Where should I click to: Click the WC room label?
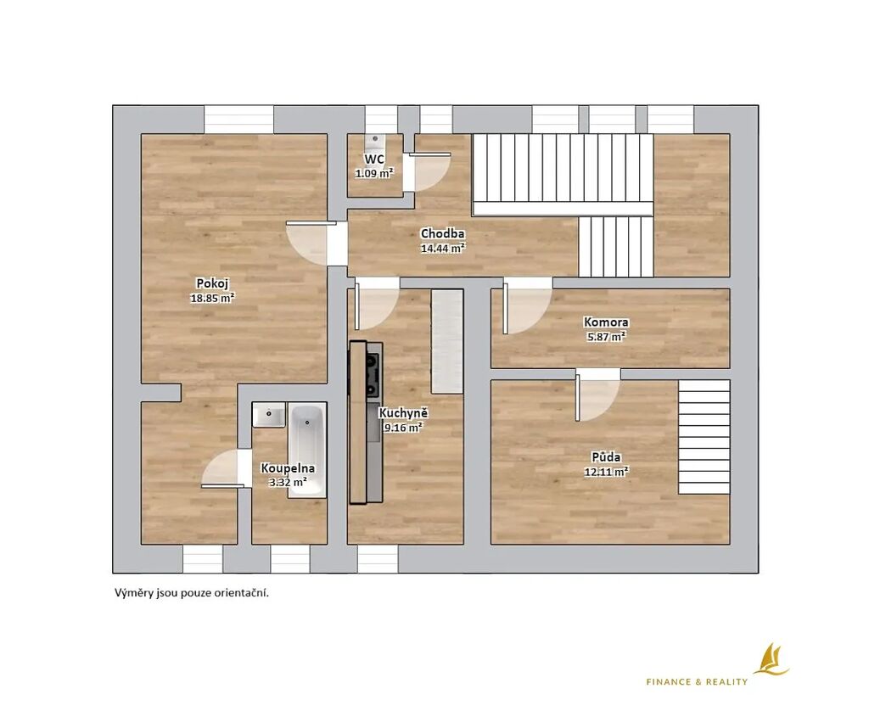[374, 160]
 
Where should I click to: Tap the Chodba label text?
[442, 234]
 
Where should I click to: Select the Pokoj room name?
[212, 283]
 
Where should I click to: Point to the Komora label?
[606, 322]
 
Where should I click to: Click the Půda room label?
[606, 457]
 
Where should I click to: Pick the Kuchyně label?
[403, 413]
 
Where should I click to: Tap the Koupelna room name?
[288, 468]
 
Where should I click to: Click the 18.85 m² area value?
[212, 298]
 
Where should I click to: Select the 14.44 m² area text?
[442, 249]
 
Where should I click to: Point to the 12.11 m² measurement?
[606, 472]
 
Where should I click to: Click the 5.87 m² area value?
[606, 336]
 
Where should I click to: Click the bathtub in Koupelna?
[306, 451]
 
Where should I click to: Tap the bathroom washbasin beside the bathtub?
[269, 415]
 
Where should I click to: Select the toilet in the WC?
[375, 143]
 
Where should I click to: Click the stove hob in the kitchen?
[373, 376]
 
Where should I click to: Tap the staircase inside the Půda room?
[704, 437]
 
